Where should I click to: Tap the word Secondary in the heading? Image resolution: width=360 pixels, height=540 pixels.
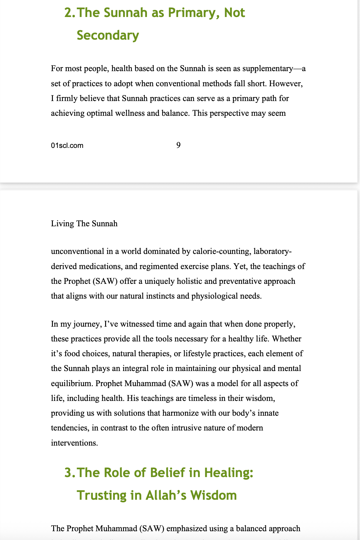tap(108, 35)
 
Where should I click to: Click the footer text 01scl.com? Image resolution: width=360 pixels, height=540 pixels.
tap(67, 145)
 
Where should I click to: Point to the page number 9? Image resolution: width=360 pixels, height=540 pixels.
tap(178, 145)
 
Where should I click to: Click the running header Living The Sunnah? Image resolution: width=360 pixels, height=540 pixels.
tap(84, 224)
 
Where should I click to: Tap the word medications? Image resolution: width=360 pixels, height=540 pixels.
tap(99, 267)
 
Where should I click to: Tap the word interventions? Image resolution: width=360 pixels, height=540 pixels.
tap(74, 443)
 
